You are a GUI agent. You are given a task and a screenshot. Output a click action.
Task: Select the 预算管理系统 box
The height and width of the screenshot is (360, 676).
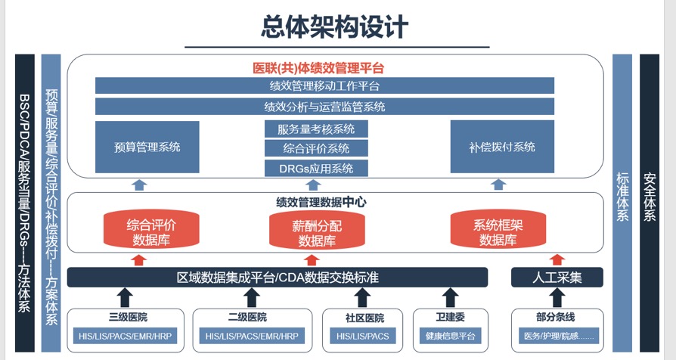pos(147,147)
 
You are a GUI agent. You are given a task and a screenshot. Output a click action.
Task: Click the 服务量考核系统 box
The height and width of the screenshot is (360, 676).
pos(316,129)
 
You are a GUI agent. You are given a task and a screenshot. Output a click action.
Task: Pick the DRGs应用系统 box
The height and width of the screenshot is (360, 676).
pos(316,168)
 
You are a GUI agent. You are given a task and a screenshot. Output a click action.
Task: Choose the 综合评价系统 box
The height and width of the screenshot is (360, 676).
pos(316,148)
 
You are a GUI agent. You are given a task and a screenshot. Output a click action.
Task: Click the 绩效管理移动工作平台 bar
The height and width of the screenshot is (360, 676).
pos(324,85)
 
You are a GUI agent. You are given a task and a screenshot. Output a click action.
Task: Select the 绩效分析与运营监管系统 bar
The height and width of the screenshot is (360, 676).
pos(324,107)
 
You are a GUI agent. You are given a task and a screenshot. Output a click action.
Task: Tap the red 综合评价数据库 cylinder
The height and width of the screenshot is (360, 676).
pos(150,232)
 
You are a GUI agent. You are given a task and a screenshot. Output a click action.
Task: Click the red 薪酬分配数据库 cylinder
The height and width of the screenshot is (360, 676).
pos(316,232)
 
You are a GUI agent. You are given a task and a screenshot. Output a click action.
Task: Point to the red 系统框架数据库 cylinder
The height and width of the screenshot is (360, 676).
pos(498,232)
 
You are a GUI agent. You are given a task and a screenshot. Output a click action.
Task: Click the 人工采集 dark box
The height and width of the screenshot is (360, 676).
pos(557,278)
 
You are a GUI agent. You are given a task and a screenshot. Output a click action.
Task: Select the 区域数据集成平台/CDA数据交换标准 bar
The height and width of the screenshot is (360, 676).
pos(278,278)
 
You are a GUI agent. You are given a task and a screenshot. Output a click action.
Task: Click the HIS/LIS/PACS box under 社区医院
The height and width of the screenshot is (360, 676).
pos(362,336)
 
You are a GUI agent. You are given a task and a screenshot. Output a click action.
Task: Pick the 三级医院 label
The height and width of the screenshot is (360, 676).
pos(126,318)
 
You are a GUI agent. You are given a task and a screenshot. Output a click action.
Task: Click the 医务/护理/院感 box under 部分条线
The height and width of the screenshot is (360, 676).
pos(557,336)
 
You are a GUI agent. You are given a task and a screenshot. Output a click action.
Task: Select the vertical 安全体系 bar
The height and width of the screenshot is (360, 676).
pos(650,197)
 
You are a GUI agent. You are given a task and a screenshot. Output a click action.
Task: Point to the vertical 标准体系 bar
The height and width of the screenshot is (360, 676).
pos(622,197)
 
